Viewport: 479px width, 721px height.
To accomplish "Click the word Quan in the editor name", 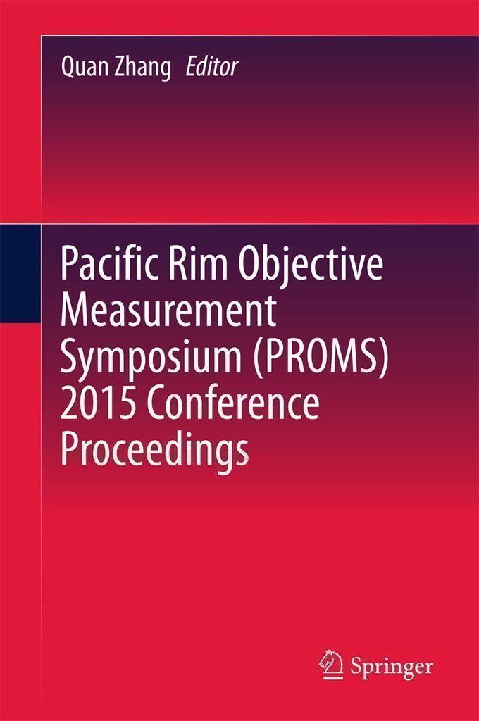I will (80, 68).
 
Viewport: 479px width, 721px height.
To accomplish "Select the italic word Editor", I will (212, 67).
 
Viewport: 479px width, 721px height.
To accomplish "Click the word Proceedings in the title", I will (155, 451).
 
